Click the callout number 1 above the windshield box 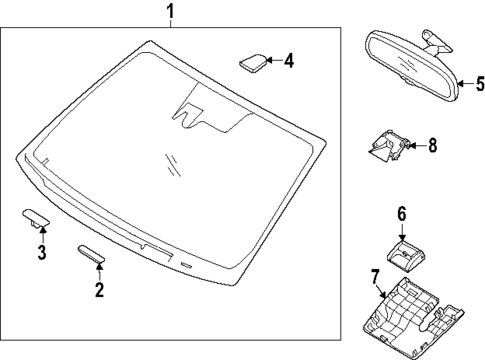[x=170, y=12]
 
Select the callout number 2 [x=99, y=289]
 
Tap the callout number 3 [x=42, y=252]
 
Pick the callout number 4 [x=289, y=61]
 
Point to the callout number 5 [x=480, y=83]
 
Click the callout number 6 [x=402, y=214]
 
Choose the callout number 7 [x=375, y=277]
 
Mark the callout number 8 [x=432, y=145]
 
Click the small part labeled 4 [x=253, y=62]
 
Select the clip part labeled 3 [x=36, y=218]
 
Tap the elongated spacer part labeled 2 [x=91, y=254]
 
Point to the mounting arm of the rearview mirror [x=437, y=43]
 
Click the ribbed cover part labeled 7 [x=412, y=318]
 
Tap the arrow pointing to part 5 [x=466, y=83]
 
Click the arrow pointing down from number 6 [x=402, y=232]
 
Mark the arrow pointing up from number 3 [x=42, y=234]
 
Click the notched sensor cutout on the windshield [x=188, y=116]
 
